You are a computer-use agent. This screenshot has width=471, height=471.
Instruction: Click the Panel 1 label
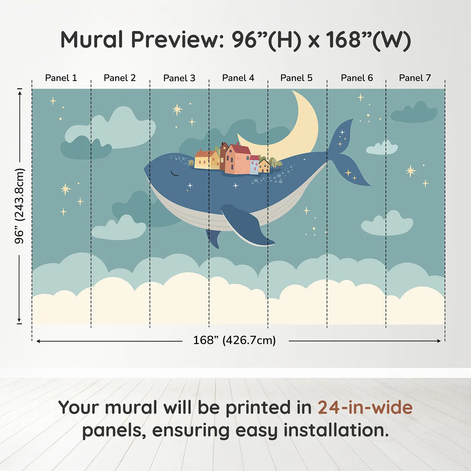[x=61, y=78]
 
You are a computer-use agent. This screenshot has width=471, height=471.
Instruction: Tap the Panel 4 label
[x=238, y=78]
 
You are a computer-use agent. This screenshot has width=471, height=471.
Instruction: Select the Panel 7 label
[x=415, y=78]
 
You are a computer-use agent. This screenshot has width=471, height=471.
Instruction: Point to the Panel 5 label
[x=296, y=78]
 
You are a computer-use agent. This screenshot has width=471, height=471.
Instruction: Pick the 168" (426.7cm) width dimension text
[x=234, y=340]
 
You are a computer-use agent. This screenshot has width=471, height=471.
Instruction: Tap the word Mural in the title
[x=92, y=40]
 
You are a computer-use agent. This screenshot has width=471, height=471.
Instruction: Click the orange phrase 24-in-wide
[x=365, y=408]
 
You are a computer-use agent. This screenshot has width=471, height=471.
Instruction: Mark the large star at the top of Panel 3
[x=177, y=109]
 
